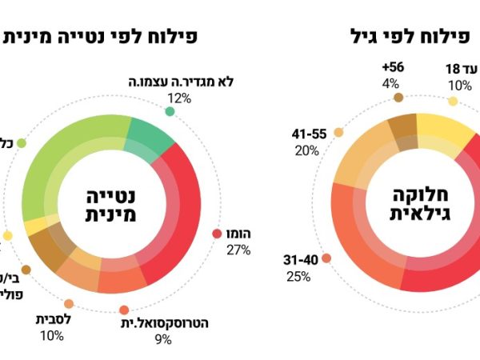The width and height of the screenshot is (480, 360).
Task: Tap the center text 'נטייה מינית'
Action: click(111, 204)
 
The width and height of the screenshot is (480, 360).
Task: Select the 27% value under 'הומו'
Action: click(238, 250)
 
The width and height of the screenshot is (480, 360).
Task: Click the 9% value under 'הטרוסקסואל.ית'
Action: click(163, 340)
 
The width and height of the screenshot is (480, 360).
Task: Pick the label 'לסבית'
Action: click(54, 319)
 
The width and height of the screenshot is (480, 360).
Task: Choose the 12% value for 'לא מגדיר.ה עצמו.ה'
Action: click(179, 98)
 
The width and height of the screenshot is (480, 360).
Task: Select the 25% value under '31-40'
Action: click(298, 277)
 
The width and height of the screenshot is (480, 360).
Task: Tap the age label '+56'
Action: click(393, 67)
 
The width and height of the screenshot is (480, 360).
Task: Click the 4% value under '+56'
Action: click(390, 82)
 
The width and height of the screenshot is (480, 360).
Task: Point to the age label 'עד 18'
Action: click(461, 70)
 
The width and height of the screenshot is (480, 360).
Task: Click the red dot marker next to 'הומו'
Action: click(217, 234)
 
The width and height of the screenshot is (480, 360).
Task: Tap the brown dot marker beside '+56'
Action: click(398, 98)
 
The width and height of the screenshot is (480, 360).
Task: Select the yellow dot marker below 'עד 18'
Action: click(453, 102)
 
